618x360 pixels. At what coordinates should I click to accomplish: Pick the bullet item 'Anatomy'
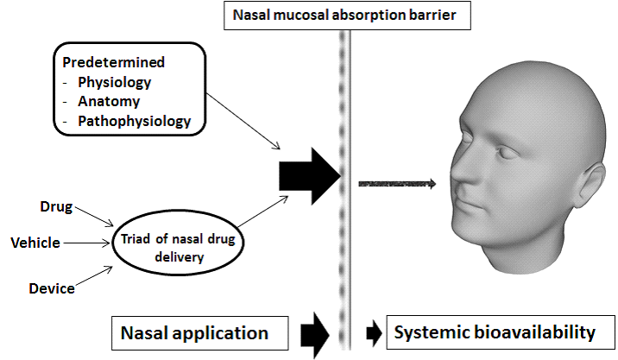(106, 102)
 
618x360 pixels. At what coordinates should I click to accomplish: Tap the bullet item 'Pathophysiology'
(134, 121)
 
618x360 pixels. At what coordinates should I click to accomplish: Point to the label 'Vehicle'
(35, 243)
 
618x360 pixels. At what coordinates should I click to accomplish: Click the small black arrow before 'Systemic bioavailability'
(372, 332)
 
